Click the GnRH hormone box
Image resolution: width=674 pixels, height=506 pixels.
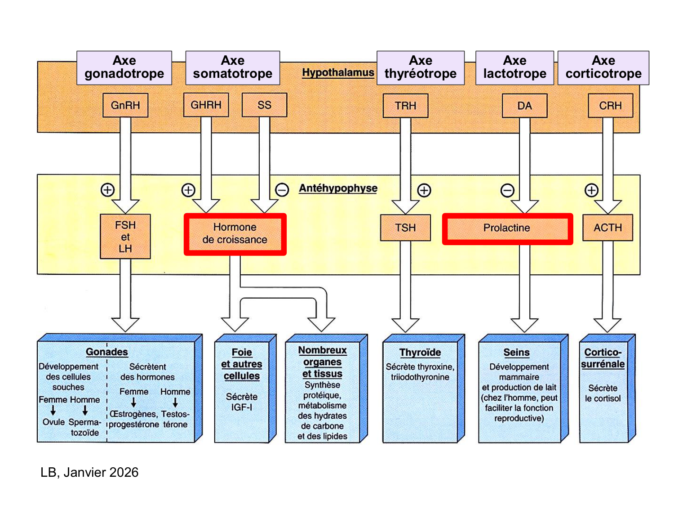pyautogui.click(x=125, y=105)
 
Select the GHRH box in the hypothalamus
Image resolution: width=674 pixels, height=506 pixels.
pyautogui.click(x=206, y=105)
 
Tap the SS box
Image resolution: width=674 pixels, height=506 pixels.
pyautogui.click(x=264, y=105)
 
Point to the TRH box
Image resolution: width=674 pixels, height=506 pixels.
pyautogui.click(x=405, y=106)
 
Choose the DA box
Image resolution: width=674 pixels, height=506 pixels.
pyautogui.click(x=524, y=106)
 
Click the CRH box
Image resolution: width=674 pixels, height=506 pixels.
pyautogui.click(x=610, y=106)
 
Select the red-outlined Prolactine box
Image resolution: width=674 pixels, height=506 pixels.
pyautogui.click(x=507, y=228)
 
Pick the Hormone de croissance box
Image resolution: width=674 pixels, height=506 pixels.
pyautogui.click(x=235, y=234)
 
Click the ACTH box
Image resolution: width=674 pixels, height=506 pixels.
pyautogui.click(x=607, y=228)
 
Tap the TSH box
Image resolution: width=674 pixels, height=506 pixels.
pyautogui.click(x=405, y=228)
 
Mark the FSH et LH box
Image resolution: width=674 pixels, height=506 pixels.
pyautogui.click(x=125, y=237)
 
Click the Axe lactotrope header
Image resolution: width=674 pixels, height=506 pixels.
pyautogui.click(x=514, y=67)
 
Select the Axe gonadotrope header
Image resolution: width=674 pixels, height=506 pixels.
pyautogui.click(x=124, y=67)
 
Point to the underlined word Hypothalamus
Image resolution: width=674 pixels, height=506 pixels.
pyautogui.click(x=338, y=72)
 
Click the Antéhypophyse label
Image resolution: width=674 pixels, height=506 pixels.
pyautogui.click(x=338, y=188)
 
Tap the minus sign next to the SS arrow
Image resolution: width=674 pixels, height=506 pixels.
pyautogui.click(x=282, y=190)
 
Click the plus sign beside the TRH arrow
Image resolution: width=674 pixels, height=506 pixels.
pyautogui.click(x=424, y=190)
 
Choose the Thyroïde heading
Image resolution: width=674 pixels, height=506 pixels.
pyautogui.click(x=420, y=352)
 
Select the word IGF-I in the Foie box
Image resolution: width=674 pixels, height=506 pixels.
pyautogui.click(x=242, y=407)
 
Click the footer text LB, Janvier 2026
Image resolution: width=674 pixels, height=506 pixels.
pyautogui.click(x=89, y=472)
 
